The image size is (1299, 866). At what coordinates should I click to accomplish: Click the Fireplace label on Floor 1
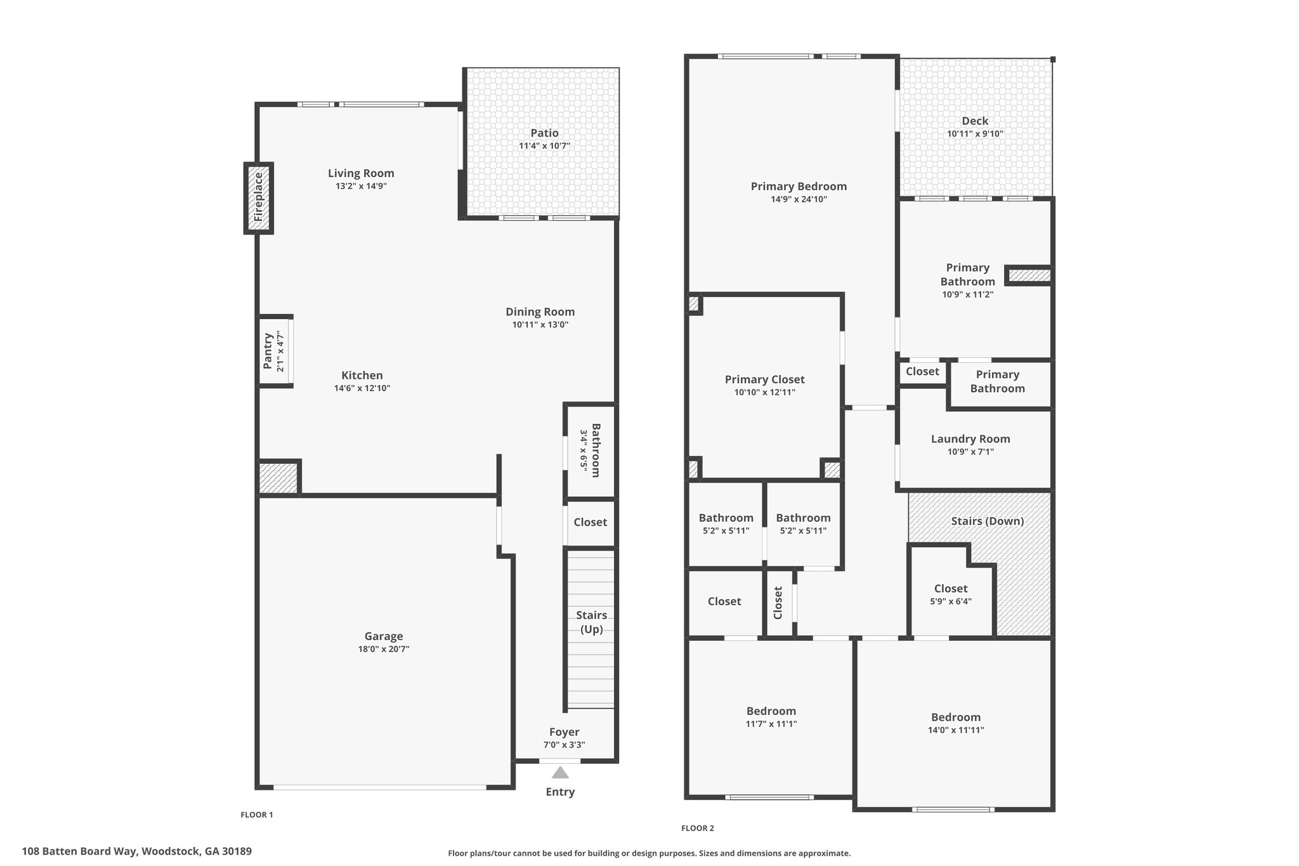pos(258,197)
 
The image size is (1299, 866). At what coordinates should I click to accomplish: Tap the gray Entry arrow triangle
pos(560,772)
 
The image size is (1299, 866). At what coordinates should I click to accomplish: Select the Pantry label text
pos(268,351)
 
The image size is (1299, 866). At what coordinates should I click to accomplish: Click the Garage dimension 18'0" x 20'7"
pos(384,649)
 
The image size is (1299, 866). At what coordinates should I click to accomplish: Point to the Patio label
pos(545,133)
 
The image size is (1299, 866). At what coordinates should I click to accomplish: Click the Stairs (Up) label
pos(591,622)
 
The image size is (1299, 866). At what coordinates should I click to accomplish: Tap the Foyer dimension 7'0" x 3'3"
pos(564,745)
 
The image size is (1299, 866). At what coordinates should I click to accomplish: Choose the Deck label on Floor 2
pos(975,121)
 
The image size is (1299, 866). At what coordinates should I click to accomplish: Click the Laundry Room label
pos(970,438)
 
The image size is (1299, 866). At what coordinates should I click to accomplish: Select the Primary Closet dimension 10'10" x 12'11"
pos(764,392)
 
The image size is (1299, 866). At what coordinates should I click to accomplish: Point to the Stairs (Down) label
pos(988,521)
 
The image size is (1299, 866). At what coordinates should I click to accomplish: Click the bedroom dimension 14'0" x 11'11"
pos(956,730)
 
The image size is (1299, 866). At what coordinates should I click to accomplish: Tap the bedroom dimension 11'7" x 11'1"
pos(771,723)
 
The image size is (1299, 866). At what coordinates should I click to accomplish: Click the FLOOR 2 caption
pos(698,828)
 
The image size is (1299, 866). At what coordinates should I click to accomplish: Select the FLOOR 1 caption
pos(257,815)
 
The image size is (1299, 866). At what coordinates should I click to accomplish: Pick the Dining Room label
pos(540,312)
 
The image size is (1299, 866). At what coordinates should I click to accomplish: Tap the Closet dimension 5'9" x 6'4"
pos(951,601)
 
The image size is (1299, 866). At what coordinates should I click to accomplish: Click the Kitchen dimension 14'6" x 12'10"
pos(362,388)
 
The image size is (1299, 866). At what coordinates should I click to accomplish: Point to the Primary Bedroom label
pos(799,186)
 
